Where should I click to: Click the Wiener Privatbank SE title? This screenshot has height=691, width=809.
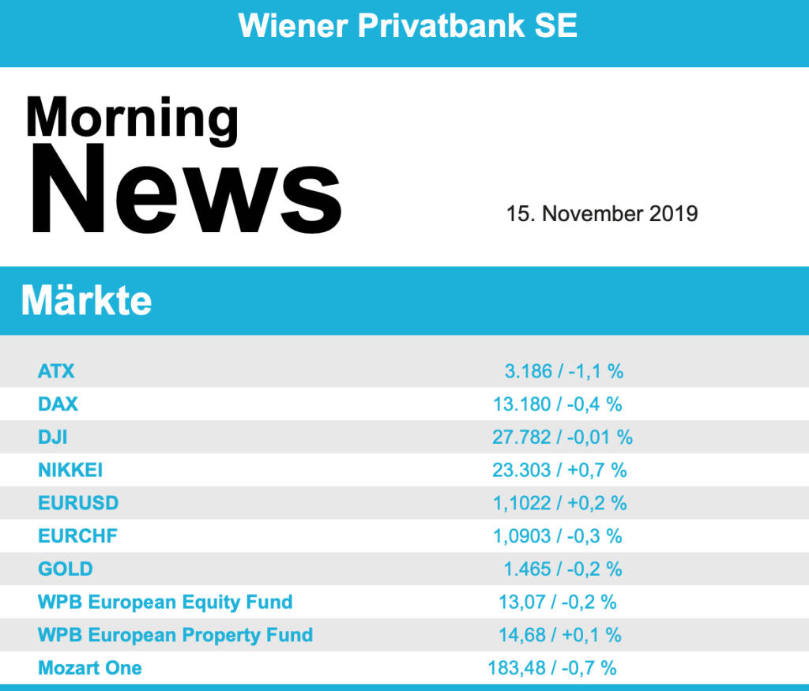pyautogui.click(x=407, y=26)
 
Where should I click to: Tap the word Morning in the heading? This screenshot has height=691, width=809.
pyautogui.click(x=132, y=118)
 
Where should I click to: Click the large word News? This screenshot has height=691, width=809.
pyautogui.click(x=184, y=190)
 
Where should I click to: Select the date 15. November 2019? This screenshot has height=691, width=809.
pyautogui.click(x=602, y=213)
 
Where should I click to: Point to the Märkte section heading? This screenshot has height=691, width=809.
pyautogui.click(x=86, y=301)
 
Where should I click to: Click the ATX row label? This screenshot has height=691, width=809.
pyautogui.click(x=56, y=370)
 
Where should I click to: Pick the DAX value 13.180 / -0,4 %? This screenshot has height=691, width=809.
pyautogui.click(x=557, y=404)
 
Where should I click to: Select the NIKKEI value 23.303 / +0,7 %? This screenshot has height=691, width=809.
pyautogui.click(x=559, y=470)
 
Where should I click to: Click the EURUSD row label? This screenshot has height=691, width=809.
pyautogui.click(x=77, y=503)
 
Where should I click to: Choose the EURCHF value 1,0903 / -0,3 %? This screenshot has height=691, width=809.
pyautogui.click(x=557, y=536)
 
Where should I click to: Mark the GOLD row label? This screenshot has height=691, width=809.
pyautogui.click(x=65, y=569)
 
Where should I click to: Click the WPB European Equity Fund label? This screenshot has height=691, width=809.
pyautogui.click(x=165, y=602)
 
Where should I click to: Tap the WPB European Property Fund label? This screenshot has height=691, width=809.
pyautogui.click(x=175, y=635)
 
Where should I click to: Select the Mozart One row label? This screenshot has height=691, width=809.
pyautogui.click(x=90, y=668)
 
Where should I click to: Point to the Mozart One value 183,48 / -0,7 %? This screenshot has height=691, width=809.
pyautogui.click(x=552, y=668)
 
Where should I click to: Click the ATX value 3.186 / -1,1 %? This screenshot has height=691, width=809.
pyautogui.click(x=564, y=370)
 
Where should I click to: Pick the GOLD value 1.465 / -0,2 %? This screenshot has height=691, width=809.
pyautogui.click(x=563, y=569)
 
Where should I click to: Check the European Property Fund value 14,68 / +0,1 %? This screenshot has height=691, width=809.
pyautogui.click(x=559, y=635)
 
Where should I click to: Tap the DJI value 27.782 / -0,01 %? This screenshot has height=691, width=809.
pyautogui.click(x=563, y=437)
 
